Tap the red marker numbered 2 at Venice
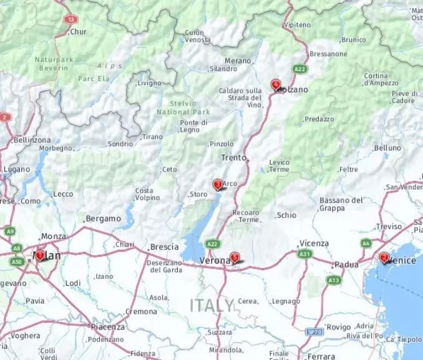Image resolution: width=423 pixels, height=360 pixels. click(384, 257)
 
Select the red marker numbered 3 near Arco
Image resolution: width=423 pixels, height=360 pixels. click(218, 185)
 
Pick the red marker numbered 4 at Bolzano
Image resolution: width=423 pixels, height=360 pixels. click(275, 85)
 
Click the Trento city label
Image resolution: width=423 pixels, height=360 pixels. click(234, 158)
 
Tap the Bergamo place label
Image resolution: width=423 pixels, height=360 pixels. click(104, 219)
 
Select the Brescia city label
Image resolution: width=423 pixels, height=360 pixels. click(165, 246)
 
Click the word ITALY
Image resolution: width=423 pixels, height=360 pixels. click(212, 305)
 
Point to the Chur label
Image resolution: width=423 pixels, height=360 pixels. click(78, 32)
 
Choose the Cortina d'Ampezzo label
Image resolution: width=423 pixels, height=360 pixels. click(381, 79)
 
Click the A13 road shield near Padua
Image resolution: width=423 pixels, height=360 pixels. click(333, 281)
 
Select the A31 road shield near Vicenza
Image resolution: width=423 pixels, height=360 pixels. click(304, 254)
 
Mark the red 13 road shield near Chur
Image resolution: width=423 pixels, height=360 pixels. click(70, 19)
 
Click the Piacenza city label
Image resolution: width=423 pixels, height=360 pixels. click(108, 326)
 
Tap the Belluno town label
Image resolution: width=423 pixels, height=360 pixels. click(387, 148)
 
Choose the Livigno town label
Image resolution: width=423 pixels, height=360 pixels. click(149, 83)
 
